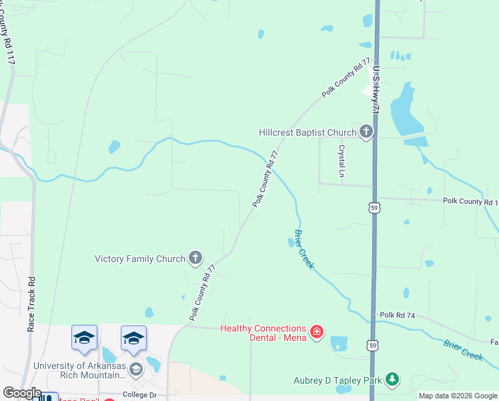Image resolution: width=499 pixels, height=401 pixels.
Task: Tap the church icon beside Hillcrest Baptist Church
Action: (366, 132)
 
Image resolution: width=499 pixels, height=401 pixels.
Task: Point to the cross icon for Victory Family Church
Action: (196, 258)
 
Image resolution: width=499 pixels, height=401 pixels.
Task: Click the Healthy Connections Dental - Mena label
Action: (264, 332)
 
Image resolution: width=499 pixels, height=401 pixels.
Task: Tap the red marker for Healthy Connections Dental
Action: (317, 331)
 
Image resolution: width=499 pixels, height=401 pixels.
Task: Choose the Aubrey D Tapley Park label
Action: (338, 381)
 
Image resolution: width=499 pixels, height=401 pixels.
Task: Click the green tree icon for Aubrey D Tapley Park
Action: (392, 380)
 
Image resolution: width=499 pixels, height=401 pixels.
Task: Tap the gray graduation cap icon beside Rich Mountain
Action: (136, 369)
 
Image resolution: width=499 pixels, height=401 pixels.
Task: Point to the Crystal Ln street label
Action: (342, 161)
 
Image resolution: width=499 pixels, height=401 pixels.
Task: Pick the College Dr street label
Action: (139, 395)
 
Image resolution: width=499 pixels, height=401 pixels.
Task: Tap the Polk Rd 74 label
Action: (398, 315)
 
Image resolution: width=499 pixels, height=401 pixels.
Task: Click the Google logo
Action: (21, 394)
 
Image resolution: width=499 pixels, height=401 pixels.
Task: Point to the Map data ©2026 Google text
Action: (457, 396)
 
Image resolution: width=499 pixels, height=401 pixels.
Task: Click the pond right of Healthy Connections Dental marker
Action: (340, 344)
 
